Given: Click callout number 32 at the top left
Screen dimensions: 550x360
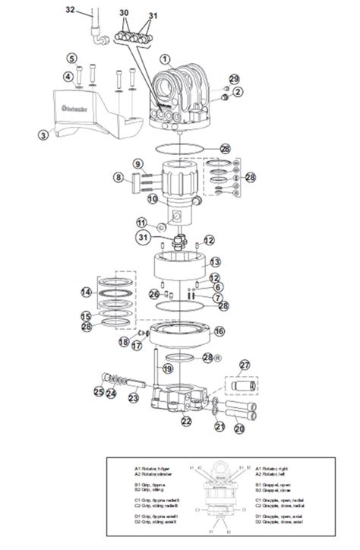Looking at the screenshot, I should pyautogui.click(x=71, y=9).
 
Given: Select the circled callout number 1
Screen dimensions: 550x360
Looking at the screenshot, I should pyautogui.click(x=165, y=58).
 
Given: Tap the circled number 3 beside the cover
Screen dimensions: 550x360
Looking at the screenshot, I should pyautogui.click(x=44, y=134).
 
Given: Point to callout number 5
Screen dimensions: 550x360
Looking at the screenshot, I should pyautogui.click(x=72, y=58).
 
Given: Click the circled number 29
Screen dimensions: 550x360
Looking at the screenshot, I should pyautogui.click(x=234, y=79).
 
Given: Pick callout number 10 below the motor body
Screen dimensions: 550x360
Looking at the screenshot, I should pyautogui.click(x=152, y=199).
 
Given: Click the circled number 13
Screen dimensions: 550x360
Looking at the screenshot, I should pyautogui.click(x=215, y=261).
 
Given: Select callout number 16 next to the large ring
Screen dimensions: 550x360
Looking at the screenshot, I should pyautogui.click(x=219, y=331).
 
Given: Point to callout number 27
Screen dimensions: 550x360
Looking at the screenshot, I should pyautogui.click(x=245, y=365).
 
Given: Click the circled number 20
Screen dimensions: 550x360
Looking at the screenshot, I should pyautogui.click(x=239, y=428).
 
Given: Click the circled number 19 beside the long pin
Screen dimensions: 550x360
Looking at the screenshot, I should pyautogui.click(x=167, y=369).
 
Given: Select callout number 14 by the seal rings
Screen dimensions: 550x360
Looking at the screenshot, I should pyautogui.click(x=87, y=292).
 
